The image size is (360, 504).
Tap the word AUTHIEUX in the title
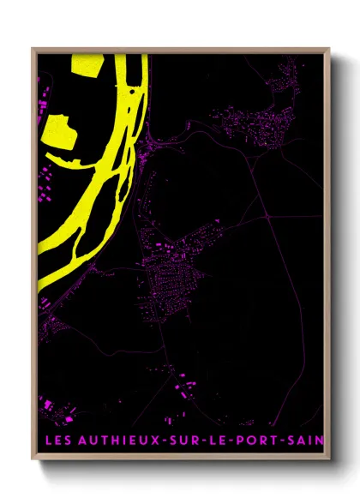[x=112, y=441]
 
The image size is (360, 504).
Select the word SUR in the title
[x=183, y=441]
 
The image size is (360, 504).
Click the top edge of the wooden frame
[x=180, y=50]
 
